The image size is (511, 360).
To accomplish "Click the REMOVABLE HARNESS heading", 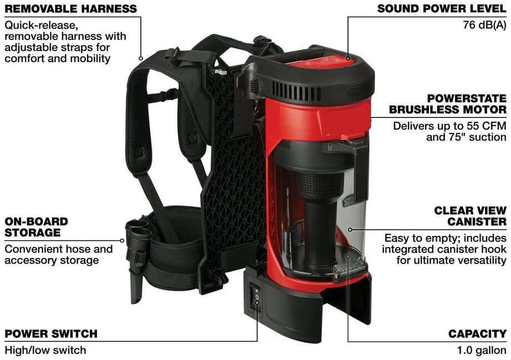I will tap(70, 9).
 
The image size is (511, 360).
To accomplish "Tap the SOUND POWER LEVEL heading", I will tap(441, 9).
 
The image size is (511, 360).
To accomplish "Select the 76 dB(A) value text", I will tap(484, 25).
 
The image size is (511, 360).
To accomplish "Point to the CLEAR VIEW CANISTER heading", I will tap(470, 216).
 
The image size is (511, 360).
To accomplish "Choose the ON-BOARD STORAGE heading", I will tap(36, 227).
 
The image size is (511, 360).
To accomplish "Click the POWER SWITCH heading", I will tap(51, 333).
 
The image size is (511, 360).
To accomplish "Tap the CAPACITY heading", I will tap(477, 333).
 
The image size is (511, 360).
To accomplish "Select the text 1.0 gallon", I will tap(482, 350).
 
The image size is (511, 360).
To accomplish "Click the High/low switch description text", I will tap(45, 350).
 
